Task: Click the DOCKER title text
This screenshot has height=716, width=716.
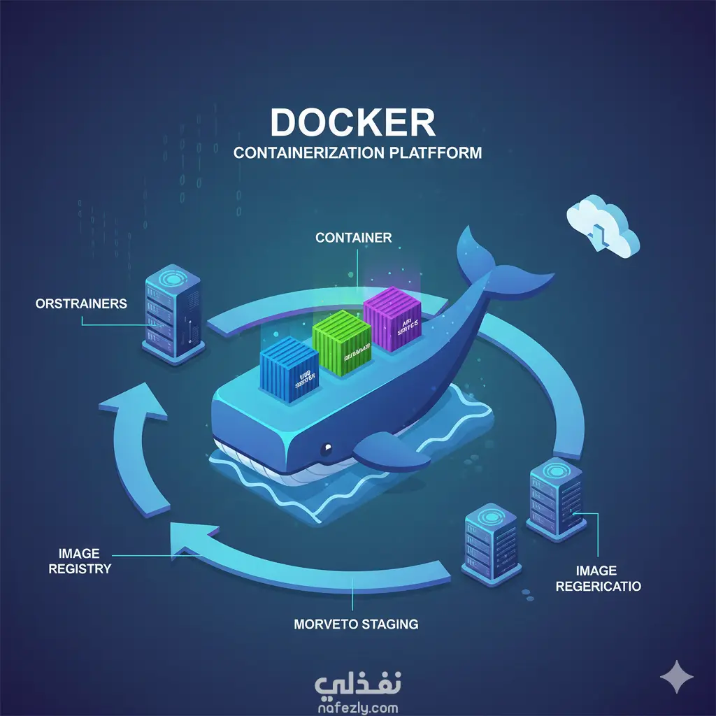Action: click(352, 122)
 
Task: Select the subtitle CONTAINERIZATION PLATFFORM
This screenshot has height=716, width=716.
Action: click(357, 152)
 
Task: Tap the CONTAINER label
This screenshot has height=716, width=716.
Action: click(353, 238)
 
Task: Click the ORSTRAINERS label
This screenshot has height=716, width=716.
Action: click(81, 303)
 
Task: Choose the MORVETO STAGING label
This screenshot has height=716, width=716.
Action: click(356, 623)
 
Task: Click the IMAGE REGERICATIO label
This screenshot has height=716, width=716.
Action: click(598, 578)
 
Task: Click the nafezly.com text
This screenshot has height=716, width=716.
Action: click(357, 707)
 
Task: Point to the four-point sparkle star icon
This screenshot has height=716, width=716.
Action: click(677, 677)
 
